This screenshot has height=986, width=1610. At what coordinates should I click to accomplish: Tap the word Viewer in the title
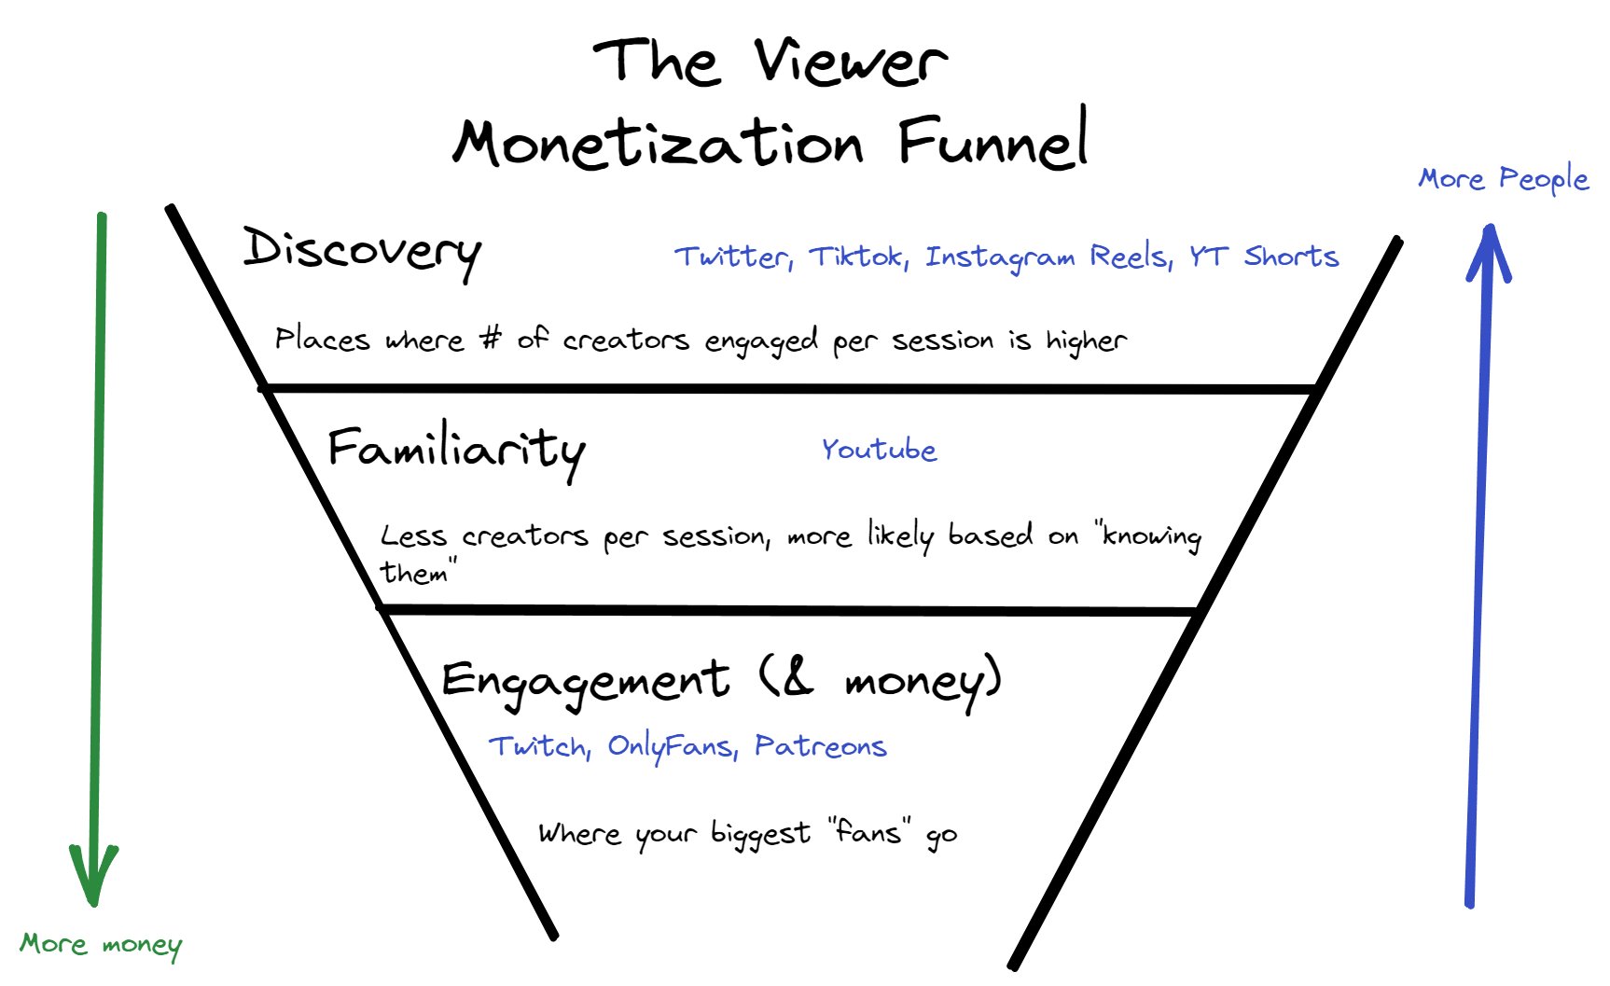point(850,62)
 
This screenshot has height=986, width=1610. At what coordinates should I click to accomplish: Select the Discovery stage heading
point(362,250)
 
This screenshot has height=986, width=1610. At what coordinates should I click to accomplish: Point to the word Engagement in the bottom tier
point(585,680)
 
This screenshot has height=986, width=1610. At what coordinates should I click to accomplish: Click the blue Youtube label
point(879,450)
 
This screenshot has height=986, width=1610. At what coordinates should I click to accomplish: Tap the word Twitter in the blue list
point(733,257)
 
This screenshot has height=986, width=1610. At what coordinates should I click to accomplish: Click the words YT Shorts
point(1263,257)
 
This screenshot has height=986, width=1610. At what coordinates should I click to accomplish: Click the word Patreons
point(820,746)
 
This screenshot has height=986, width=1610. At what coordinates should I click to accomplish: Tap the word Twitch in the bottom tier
point(539,746)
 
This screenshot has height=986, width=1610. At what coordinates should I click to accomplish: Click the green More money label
point(101,945)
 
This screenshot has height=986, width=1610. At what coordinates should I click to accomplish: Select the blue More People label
point(1503,178)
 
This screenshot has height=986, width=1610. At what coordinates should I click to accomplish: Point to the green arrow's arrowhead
point(93,877)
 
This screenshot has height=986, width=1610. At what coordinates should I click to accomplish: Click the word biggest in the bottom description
point(760,833)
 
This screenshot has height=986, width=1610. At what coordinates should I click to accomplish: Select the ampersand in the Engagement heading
point(796,678)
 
